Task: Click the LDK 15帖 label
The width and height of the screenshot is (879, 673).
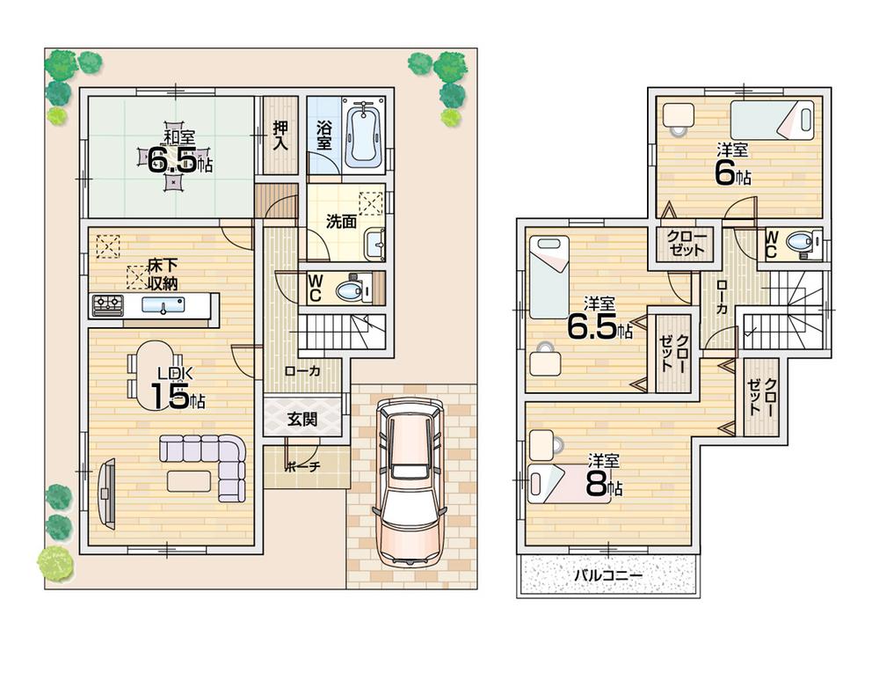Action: click(x=178, y=390)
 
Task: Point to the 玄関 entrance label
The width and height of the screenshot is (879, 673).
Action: click(x=302, y=420)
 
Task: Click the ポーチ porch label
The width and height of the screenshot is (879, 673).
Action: click(x=302, y=467)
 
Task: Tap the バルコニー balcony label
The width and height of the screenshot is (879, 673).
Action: click(x=608, y=576)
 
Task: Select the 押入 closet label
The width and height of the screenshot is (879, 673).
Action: click(x=280, y=135)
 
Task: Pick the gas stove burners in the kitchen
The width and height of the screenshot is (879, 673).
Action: click(x=109, y=305)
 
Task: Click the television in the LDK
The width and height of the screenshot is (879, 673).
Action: click(x=106, y=494)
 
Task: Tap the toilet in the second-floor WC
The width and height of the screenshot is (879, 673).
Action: click(x=799, y=242)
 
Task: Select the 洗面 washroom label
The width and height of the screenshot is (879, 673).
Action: click(x=340, y=222)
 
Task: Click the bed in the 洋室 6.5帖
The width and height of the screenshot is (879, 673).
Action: click(x=549, y=276)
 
